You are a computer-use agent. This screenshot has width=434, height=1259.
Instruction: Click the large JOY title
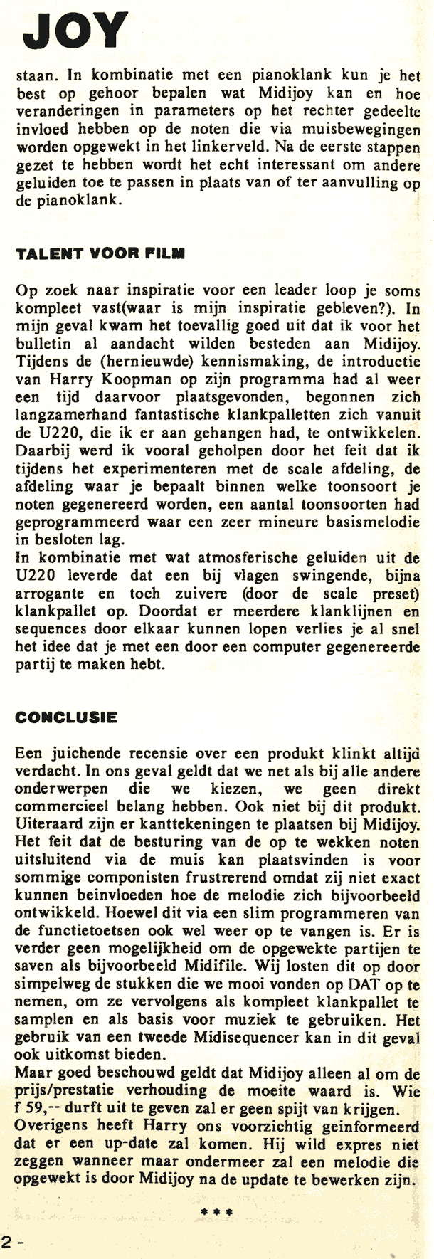75,32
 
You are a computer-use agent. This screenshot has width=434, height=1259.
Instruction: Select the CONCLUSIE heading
66,717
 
